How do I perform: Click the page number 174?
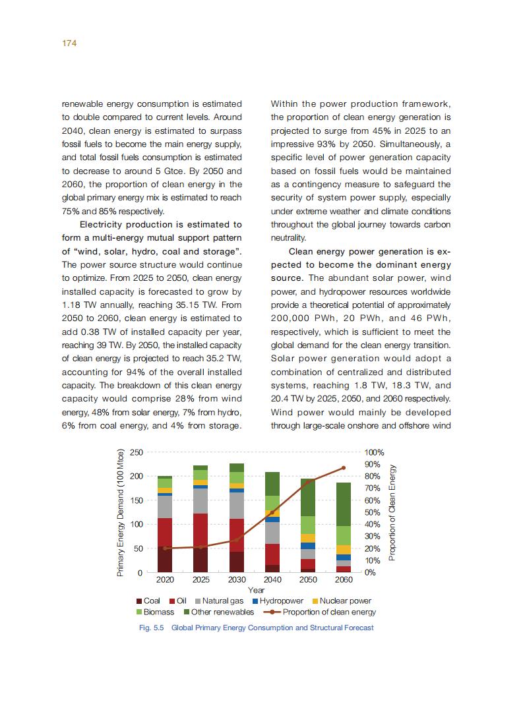click(69, 43)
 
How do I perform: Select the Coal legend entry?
click(148, 601)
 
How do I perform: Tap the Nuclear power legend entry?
click(341, 601)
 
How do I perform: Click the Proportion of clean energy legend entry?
click(319, 612)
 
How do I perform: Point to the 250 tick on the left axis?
click(136, 452)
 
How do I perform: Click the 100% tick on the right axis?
click(374, 453)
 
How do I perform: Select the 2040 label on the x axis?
click(272, 580)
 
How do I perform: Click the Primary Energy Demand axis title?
click(120, 513)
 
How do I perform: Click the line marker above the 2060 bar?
click(344, 468)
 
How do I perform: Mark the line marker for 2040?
click(272, 512)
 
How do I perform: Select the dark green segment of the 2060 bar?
click(344, 504)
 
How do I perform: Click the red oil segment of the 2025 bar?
click(200, 530)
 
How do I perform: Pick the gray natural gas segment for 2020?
click(165, 506)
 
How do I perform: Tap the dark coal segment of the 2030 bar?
click(236, 562)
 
